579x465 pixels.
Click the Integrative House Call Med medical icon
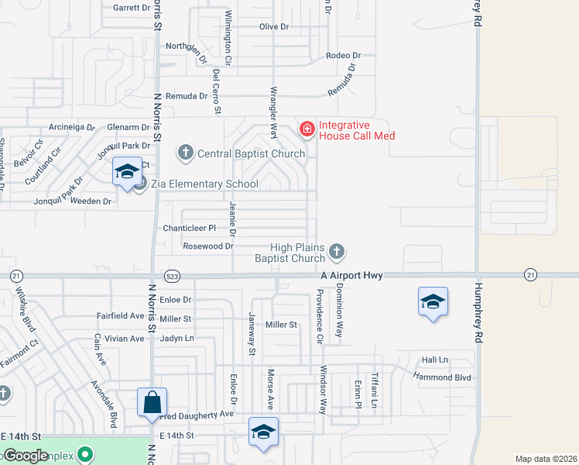click(x=307, y=128)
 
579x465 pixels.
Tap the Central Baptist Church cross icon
click(x=185, y=153)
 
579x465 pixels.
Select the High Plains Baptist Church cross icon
click(x=336, y=250)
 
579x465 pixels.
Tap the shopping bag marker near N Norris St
click(x=152, y=403)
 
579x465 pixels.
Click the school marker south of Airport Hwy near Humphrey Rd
click(x=433, y=302)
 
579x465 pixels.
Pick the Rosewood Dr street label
click(x=207, y=246)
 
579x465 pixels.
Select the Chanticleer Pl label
click(x=183, y=228)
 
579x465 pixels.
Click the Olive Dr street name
click(x=273, y=26)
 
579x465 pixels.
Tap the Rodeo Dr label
click(x=344, y=56)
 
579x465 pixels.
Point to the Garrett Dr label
click(x=130, y=8)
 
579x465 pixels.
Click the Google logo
click(x=26, y=456)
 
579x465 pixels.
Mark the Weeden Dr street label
click(x=91, y=201)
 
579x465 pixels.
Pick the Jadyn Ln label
click(x=176, y=339)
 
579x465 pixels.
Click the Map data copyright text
click(x=546, y=459)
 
